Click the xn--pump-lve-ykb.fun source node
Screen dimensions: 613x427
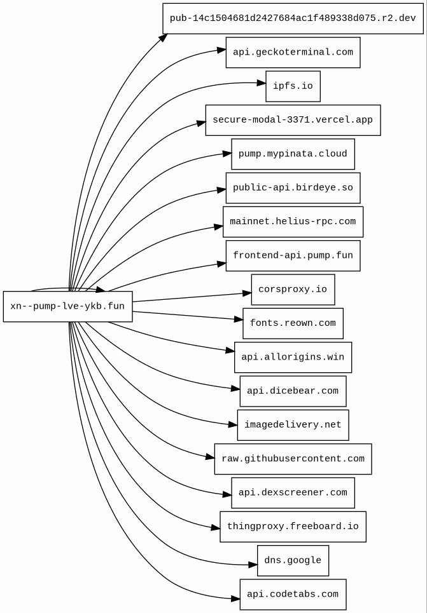(67, 306)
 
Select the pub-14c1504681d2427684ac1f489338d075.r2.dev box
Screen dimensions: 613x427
(293, 18)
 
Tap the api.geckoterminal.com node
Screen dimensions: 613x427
(293, 52)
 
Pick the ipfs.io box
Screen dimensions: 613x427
(293, 86)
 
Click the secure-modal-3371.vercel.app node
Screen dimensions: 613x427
(293, 120)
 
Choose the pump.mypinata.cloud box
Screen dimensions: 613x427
(293, 154)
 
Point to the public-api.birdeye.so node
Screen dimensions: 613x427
(293, 188)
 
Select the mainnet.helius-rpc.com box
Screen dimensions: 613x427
(293, 222)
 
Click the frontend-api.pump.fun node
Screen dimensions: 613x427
(293, 255)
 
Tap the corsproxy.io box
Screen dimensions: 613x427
(293, 290)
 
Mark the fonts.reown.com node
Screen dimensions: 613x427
(293, 323)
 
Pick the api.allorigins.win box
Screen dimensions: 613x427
(293, 357)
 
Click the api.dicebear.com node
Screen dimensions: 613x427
(293, 391)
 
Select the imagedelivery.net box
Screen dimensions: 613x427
(293, 425)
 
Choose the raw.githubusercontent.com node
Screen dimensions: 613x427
(293, 459)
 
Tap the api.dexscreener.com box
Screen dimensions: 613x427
(293, 493)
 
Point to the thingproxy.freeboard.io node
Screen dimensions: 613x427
(293, 527)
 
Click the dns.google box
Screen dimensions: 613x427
(293, 560)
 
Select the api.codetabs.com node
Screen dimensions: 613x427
(293, 595)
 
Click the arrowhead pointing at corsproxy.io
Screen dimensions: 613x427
(247, 293)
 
